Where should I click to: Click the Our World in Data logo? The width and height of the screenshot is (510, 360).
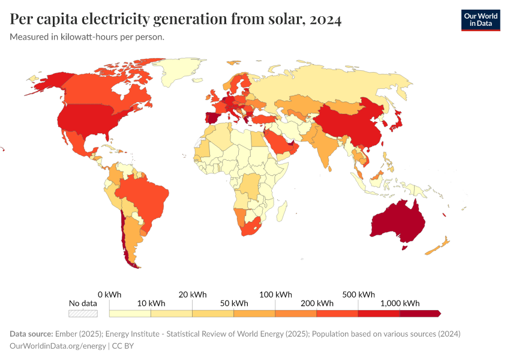(x=480, y=20)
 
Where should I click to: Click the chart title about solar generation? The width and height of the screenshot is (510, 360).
(x=176, y=20)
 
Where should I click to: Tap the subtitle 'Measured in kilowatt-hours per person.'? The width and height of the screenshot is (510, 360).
(x=87, y=37)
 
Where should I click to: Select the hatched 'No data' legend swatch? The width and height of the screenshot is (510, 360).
(x=82, y=313)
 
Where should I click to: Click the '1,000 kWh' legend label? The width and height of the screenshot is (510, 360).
(x=400, y=303)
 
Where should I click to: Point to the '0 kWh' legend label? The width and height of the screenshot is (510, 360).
(x=109, y=295)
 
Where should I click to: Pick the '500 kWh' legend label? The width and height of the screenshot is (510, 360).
(x=358, y=295)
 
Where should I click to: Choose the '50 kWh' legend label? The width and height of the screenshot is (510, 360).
(x=233, y=303)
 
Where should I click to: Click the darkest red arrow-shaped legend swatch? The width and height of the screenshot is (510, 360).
(x=420, y=313)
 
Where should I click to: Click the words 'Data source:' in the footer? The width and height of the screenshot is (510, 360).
(x=31, y=334)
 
